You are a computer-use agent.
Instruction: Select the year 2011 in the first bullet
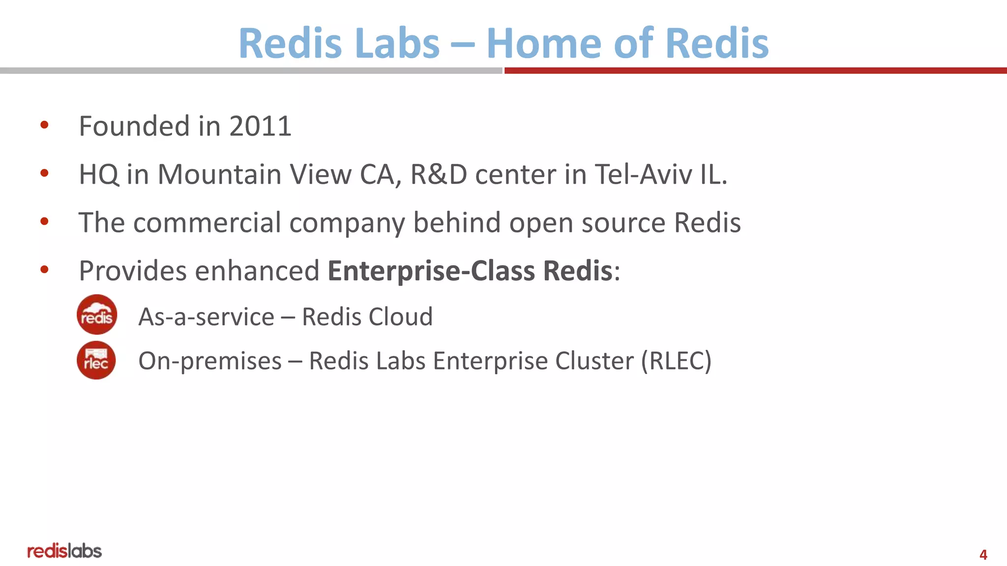260,126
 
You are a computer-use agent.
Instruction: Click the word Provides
133,271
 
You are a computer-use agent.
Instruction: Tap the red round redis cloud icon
97,314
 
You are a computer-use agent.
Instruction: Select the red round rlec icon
96,360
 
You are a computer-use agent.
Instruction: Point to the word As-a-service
207,317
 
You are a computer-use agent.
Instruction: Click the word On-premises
210,361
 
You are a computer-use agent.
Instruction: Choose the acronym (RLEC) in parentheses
676,361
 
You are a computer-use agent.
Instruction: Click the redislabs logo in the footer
64,551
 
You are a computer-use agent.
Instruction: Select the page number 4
983,555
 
